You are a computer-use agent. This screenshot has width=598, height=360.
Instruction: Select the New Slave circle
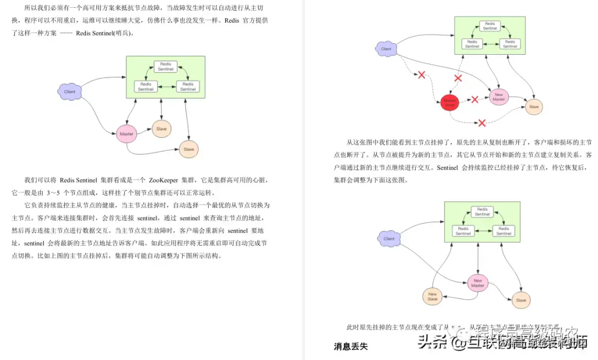click(x=432, y=297)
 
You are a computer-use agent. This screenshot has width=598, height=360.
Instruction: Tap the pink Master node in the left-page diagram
click(x=126, y=134)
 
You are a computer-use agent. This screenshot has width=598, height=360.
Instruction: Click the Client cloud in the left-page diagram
click(x=70, y=91)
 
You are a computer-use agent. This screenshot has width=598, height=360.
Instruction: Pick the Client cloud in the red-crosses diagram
click(x=386, y=49)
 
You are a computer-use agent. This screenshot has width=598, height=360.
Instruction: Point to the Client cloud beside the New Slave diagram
click(x=389, y=239)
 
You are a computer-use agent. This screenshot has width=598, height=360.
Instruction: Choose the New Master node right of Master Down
click(x=499, y=96)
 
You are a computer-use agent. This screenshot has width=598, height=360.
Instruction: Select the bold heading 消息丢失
click(x=350, y=347)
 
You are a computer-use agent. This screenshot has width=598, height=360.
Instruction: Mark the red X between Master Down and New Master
click(x=475, y=100)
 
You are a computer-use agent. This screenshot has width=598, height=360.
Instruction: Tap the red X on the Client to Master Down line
click(x=421, y=75)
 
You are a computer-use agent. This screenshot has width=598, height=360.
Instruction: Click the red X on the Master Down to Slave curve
click(x=482, y=122)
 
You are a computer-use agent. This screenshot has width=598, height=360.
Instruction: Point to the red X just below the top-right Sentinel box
click(x=458, y=78)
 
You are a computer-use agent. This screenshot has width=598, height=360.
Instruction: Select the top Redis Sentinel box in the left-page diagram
click(x=166, y=66)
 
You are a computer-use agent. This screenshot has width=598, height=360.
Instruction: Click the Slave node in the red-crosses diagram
click(x=534, y=107)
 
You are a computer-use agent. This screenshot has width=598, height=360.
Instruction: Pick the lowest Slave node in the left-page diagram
click(x=189, y=149)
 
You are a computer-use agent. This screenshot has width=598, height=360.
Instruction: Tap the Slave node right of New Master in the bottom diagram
click(x=520, y=300)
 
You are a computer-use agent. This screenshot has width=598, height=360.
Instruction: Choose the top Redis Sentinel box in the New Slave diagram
click(x=482, y=212)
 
